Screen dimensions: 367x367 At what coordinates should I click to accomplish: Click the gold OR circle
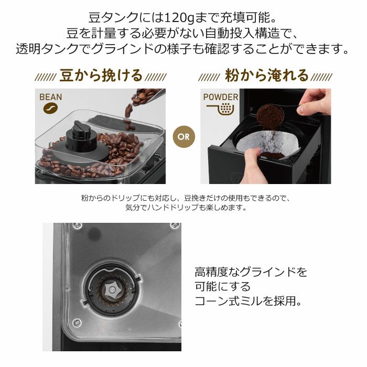coord(183,137)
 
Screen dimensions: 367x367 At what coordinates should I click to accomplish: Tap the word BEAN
coord(50,97)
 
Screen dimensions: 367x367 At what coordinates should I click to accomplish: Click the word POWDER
coord(221,97)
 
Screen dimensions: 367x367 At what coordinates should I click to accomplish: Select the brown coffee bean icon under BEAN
coord(50,108)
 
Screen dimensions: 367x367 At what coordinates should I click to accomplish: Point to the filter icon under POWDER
coord(221,109)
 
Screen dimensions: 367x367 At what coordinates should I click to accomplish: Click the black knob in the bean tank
coord(81,136)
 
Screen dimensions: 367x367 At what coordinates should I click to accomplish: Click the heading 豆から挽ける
coord(101,75)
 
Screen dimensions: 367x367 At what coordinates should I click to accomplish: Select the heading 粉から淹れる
coord(266,75)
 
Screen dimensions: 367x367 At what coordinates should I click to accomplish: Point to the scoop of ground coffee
coord(271,116)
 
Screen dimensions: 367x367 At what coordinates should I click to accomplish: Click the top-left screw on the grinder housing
coord(77,226)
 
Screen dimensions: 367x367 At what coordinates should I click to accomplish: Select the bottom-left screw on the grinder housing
coord(77,323)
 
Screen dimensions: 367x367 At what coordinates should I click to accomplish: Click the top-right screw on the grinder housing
coord(175,226)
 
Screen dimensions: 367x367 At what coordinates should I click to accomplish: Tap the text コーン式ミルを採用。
coord(249,301)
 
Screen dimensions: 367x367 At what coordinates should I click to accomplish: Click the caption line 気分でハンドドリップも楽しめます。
coord(186,208)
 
